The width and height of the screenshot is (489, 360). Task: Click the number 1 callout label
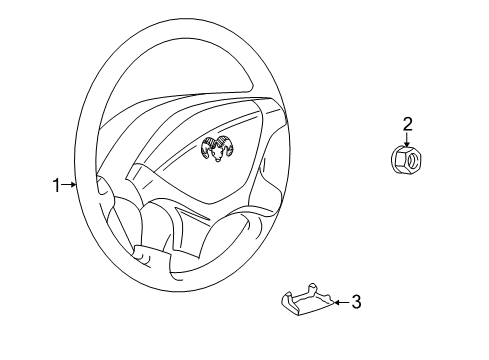pos(56,183)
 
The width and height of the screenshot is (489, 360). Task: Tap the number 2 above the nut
pos(407,124)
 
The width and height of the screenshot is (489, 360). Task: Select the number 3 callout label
pos(357,301)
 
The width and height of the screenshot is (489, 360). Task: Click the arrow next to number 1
pos(69,183)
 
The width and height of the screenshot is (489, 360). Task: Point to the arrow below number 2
pos(407,140)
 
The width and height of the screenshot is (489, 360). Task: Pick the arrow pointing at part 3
pos(338,301)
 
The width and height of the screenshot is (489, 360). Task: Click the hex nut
pos(405,160)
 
